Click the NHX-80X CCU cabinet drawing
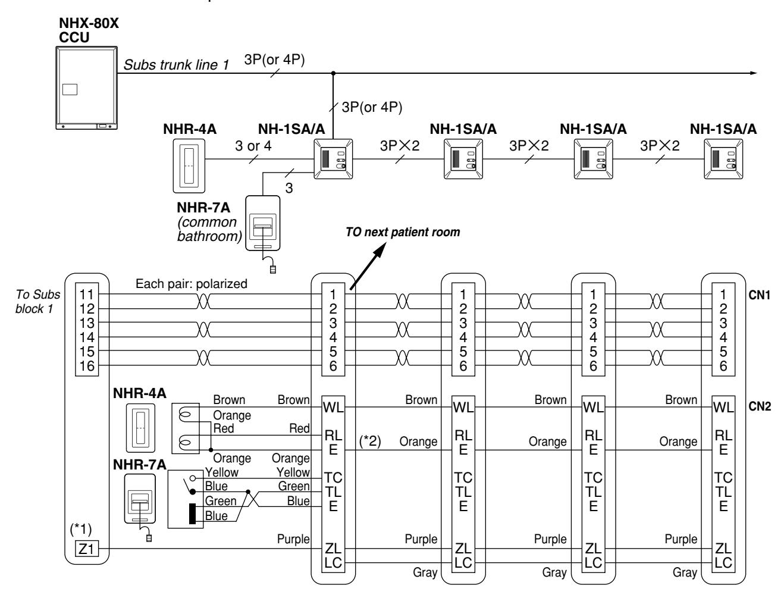(x=87, y=87)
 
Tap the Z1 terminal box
(x=87, y=549)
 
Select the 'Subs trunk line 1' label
(x=176, y=65)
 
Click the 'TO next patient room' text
(x=403, y=232)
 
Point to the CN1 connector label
(x=760, y=295)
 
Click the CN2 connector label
(x=760, y=406)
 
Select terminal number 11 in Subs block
(x=87, y=295)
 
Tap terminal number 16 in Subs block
(x=87, y=366)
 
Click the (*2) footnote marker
(x=370, y=441)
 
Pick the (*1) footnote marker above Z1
(x=81, y=529)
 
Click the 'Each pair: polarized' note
(x=191, y=284)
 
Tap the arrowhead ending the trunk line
(x=754, y=73)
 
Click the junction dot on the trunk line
(x=333, y=73)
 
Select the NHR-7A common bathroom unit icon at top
(x=263, y=223)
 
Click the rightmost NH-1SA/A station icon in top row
(x=723, y=159)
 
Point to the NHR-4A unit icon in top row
(x=189, y=166)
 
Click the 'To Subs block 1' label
(x=37, y=302)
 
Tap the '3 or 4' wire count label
(x=253, y=146)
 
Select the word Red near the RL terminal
(x=299, y=428)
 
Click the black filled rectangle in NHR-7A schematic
(x=193, y=514)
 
